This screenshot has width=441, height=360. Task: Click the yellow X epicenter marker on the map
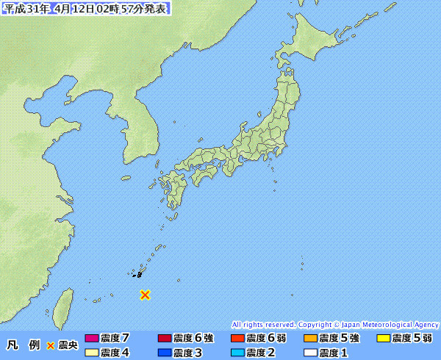coord(146,295)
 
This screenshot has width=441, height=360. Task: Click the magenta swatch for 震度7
coord(91,339)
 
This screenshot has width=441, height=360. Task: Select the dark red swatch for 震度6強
coord(164,339)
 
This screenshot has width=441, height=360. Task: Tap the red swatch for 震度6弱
coord(237,339)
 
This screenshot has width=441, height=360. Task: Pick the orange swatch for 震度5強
coord(309,339)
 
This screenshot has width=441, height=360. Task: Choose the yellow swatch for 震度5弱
coord(382,339)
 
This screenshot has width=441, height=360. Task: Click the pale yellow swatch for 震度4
coord(91,353)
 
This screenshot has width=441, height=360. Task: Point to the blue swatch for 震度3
coord(164,353)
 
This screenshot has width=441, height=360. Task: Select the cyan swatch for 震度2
coord(237,353)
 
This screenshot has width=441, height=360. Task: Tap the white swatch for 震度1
coord(309,353)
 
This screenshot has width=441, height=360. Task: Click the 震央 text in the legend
coord(68,345)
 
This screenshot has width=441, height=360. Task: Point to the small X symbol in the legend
coord(51,345)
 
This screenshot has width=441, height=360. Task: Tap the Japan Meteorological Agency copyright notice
coord(335,324)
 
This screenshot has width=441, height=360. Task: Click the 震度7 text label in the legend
coord(115,339)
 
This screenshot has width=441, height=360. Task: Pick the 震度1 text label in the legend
coord(334,353)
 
